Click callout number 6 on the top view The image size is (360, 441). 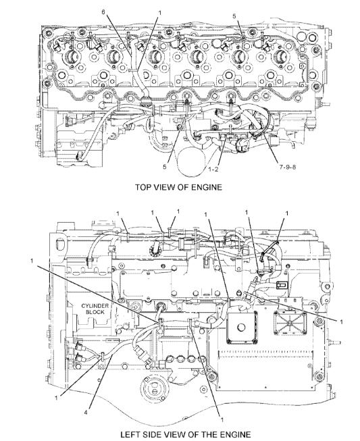[x=103, y=12]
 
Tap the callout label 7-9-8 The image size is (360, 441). [x=288, y=167]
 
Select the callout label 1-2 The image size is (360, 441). [x=213, y=169]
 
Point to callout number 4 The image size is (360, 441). [x=86, y=413]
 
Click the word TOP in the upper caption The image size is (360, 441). [x=143, y=187]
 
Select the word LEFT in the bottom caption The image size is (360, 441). [x=130, y=434]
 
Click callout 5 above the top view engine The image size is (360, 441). [x=234, y=16]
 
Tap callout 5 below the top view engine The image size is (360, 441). [x=165, y=167]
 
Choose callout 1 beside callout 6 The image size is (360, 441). [x=160, y=13]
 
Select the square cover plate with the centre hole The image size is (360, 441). [x=242, y=328]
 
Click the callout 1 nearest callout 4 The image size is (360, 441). [x=57, y=397]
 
